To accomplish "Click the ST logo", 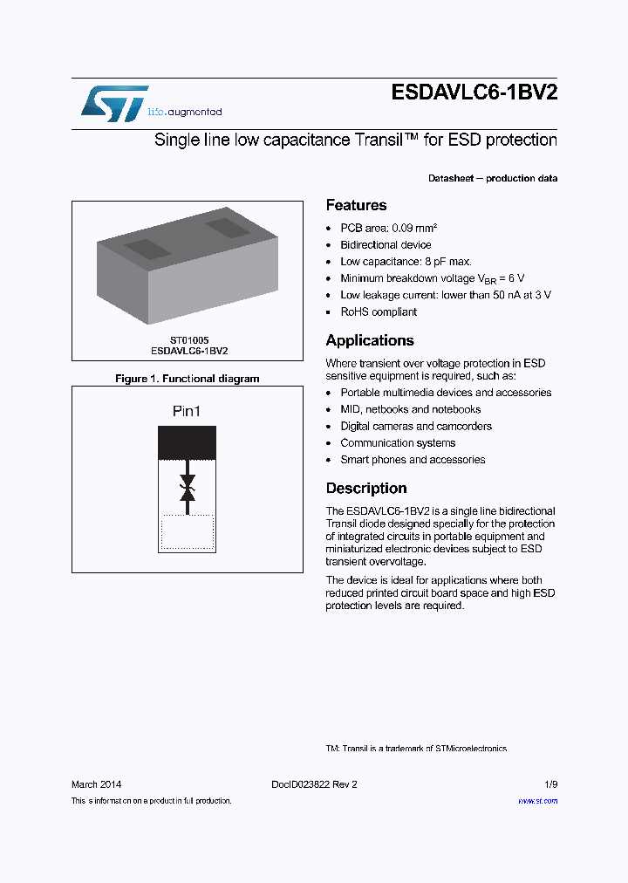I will pyautogui.click(x=114, y=103).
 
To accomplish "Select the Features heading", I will pyautogui.click(x=356, y=206).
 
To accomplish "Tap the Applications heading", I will pyautogui.click(x=369, y=341).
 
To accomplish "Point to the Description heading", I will pyautogui.click(x=365, y=489).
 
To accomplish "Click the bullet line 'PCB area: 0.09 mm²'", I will pyautogui.click(x=388, y=229).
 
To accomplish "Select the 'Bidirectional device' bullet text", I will pyautogui.click(x=386, y=245).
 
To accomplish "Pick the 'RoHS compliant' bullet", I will pyautogui.click(x=379, y=312).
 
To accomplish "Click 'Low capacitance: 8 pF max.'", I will pyautogui.click(x=406, y=262).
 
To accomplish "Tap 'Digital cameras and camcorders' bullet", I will pyautogui.click(x=416, y=427).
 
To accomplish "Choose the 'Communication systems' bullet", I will pyautogui.click(x=398, y=443).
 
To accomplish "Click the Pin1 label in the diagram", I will pyautogui.click(x=187, y=411).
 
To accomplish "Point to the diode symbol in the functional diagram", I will pyautogui.click(x=187, y=488).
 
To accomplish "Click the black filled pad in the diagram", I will pyautogui.click(x=187, y=442).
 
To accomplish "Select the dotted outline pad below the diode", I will pyautogui.click(x=187, y=531).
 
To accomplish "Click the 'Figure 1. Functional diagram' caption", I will pyautogui.click(x=188, y=379).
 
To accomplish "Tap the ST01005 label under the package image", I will pyautogui.click(x=189, y=339).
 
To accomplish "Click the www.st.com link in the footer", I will pyautogui.click(x=537, y=801).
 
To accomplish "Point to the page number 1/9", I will pyautogui.click(x=549, y=784).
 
